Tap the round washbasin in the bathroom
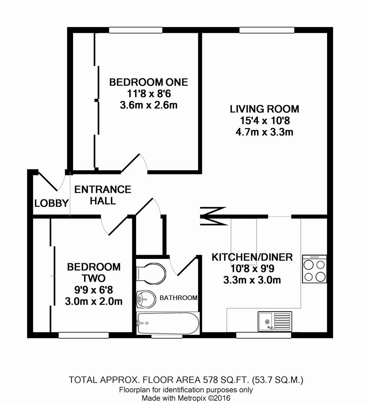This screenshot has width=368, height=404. tap(146, 299)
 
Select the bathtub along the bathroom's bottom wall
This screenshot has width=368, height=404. tap(168, 324)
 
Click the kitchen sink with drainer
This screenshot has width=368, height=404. tap(275, 321)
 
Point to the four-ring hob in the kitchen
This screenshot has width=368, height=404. tap(314, 269)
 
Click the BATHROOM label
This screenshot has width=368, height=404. tap(179, 298)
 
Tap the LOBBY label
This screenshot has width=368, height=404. tap(52, 203)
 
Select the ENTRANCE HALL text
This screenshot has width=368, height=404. tap(103, 195)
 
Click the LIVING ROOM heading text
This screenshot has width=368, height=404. tap(265, 109)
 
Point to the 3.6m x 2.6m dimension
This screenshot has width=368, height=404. tap(149, 105)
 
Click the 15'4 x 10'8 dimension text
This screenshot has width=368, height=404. tap(265, 120)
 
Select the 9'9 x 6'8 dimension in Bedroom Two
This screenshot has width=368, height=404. tap(94, 290)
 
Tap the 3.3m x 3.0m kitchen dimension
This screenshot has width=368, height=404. tap(252, 280)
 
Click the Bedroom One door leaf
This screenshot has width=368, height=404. tap(130, 163)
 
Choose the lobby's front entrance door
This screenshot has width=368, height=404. tap(48, 181)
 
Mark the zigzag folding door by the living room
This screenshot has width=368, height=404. tap(214, 216)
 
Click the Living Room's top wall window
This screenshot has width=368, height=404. tap(267, 30)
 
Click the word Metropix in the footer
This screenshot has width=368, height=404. tap(191, 398)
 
